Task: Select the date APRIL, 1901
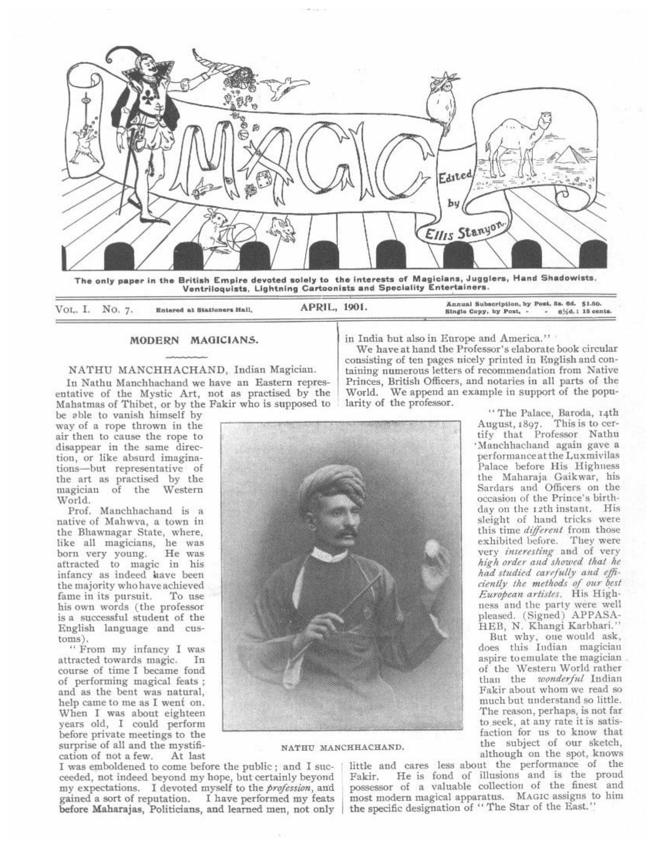tap(333, 308)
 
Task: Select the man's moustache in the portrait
tap(341, 534)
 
